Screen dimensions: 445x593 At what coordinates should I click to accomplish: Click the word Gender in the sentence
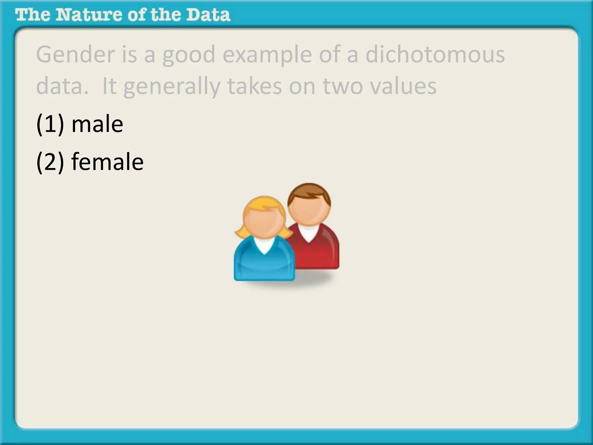click(75, 55)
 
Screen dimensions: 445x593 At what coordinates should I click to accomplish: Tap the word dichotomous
click(435, 55)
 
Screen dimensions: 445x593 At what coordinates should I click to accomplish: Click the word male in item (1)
click(97, 125)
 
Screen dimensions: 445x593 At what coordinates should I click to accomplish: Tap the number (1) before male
click(50, 125)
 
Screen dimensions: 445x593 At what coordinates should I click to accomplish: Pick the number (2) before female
click(50, 162)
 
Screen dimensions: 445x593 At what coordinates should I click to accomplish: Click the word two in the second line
click(343, 86)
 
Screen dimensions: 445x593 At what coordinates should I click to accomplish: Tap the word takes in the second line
click(255, 86)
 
